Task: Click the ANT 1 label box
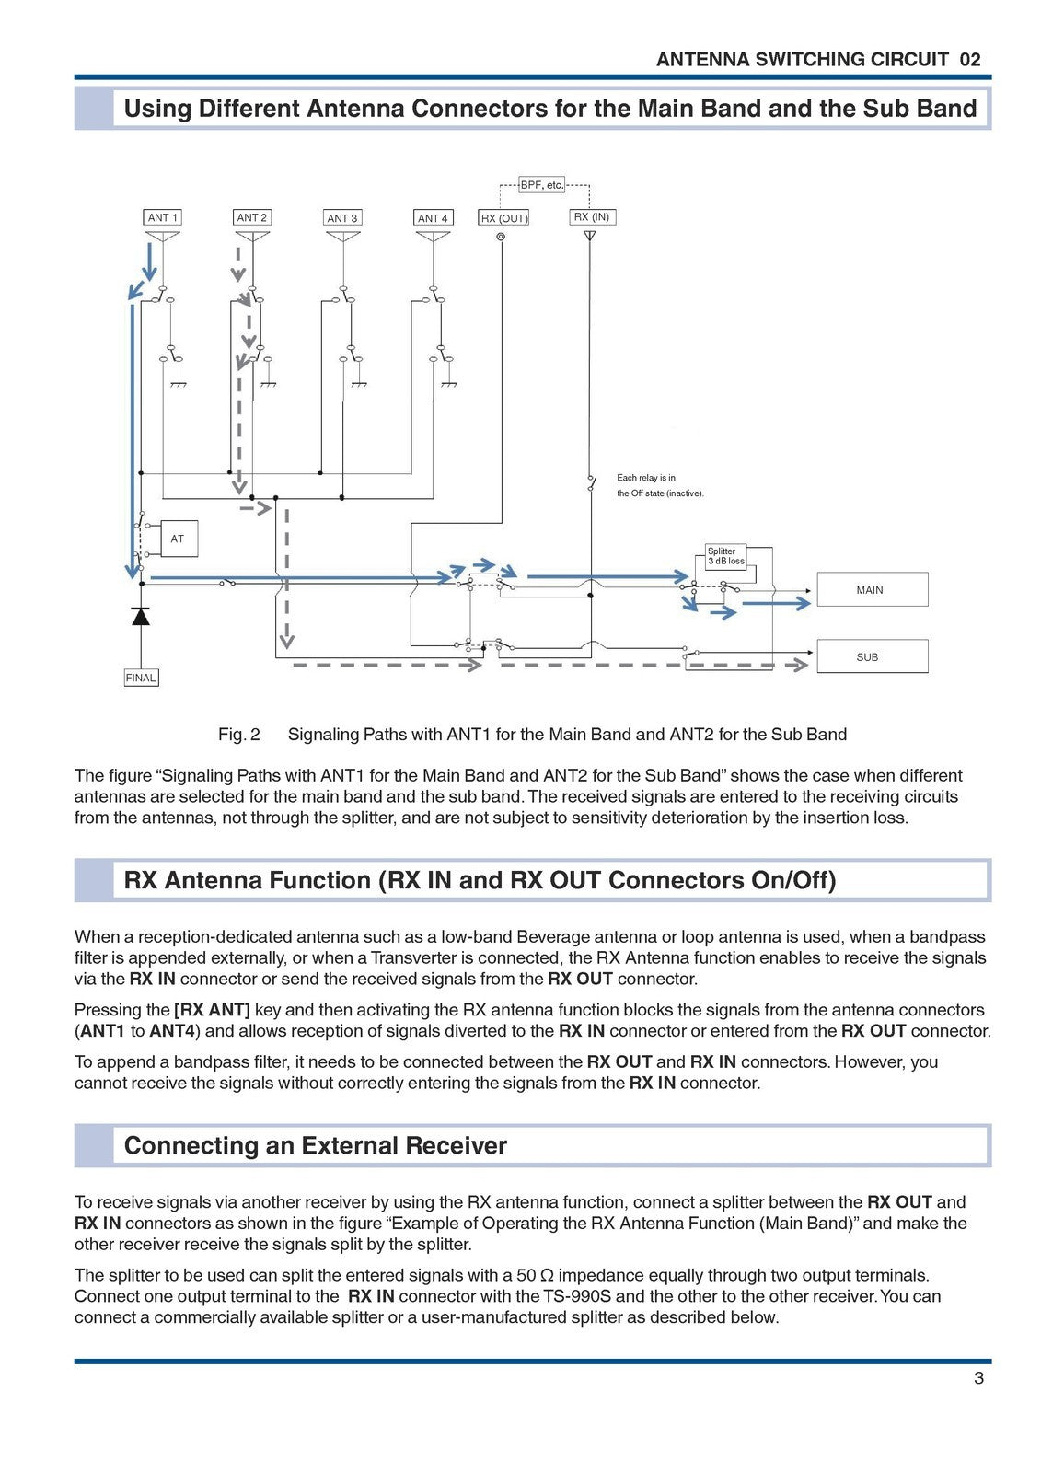point(163,217)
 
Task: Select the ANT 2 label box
point(252,217)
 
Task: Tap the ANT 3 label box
point(342,218)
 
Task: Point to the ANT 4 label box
point(433,218)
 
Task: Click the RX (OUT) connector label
point(503,218)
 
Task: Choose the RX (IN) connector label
point(591,217)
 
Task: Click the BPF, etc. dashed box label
point(541,185)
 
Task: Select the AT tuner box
point(179,539)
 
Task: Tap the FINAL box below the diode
point(141,678)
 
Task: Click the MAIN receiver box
point(871,590)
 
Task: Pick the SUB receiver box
point(868,657)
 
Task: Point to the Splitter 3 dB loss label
point(725,556)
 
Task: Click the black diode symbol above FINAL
point(141,616)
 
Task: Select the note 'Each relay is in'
point(646,478)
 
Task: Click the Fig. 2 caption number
point(239,735)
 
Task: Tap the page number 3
point(978,1378)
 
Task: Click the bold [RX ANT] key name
point(212,1010)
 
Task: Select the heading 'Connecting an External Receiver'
point(315,1145)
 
